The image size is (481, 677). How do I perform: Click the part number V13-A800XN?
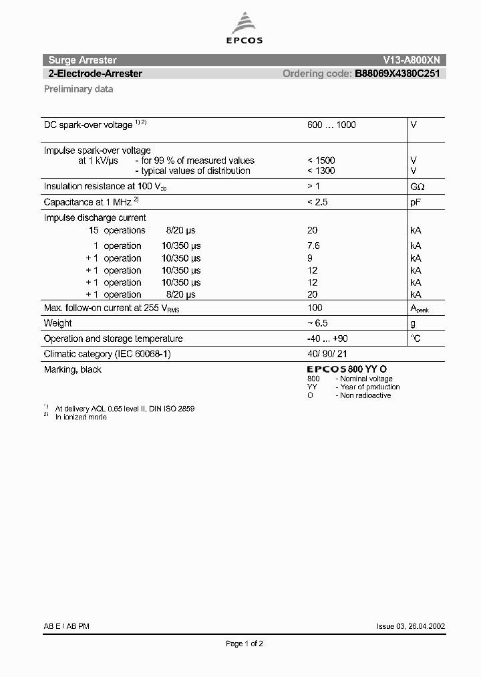[409, 60]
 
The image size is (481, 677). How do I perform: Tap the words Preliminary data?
[78, 89]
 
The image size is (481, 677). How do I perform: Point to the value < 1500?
[321, 161]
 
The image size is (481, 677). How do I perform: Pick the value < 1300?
[321, 171]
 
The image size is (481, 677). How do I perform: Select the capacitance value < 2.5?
[317, 202]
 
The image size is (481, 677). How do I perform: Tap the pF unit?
[415, 202]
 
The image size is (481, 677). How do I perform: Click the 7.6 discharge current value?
[313, 246]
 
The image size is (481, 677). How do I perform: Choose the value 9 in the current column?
[310, 258]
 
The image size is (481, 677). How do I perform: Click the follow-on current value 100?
[315, 308]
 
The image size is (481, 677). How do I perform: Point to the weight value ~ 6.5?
[317, 323]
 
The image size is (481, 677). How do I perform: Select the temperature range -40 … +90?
[327, 338]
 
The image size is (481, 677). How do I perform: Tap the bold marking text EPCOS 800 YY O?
[347, 369]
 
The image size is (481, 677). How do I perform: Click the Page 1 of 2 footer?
[245, 644]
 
